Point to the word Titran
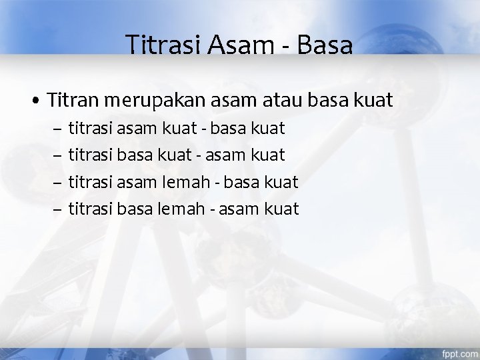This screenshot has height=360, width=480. (71, 101)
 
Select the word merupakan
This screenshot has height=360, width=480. (150, 102)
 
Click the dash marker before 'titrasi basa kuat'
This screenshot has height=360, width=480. (56, 154)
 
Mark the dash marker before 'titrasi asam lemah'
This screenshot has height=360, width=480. (56, 182)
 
